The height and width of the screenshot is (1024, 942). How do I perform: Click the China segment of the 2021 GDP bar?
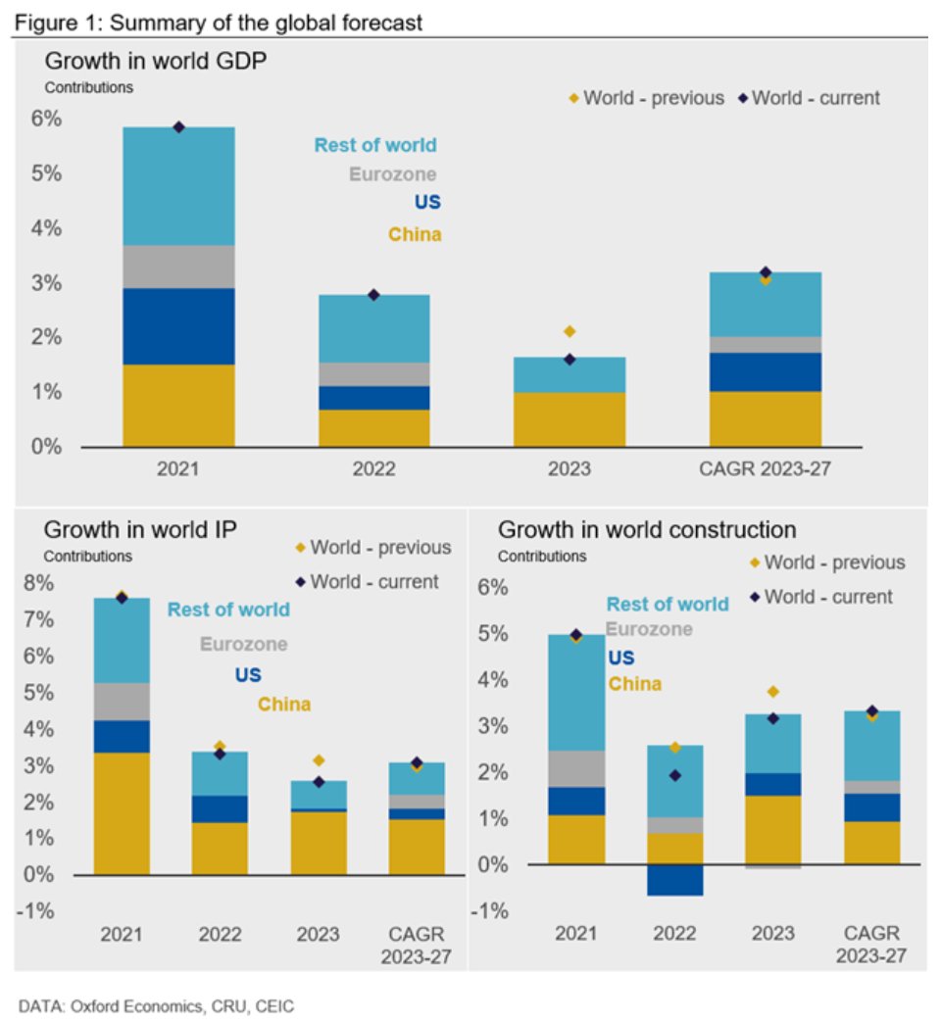(178, 405)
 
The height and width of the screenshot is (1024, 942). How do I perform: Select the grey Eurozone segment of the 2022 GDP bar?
(373, 374)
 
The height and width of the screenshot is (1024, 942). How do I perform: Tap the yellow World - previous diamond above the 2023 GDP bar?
(570, 332)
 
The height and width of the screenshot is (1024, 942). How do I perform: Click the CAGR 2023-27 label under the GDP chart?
(766, 468)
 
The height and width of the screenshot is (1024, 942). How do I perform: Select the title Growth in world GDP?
(156, 61)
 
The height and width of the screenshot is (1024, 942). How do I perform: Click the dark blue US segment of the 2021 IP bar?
(122, 736)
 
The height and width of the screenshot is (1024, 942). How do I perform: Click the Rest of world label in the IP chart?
(228, 610)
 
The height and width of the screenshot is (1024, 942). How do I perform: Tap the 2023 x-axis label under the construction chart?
(772, 934)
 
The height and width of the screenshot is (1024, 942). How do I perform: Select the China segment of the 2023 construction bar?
(772, 829)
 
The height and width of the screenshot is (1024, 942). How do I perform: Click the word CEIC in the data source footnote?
(274, 1006)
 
